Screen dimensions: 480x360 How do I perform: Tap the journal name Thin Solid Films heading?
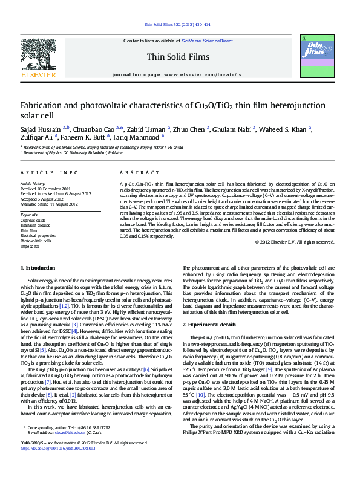pos(178,57)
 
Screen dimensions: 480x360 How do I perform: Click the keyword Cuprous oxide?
pos(33,220)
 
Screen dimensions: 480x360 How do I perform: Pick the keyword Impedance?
pos(30,247)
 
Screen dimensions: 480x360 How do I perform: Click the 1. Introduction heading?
pos(39,268)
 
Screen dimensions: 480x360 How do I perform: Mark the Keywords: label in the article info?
pos(30,215)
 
